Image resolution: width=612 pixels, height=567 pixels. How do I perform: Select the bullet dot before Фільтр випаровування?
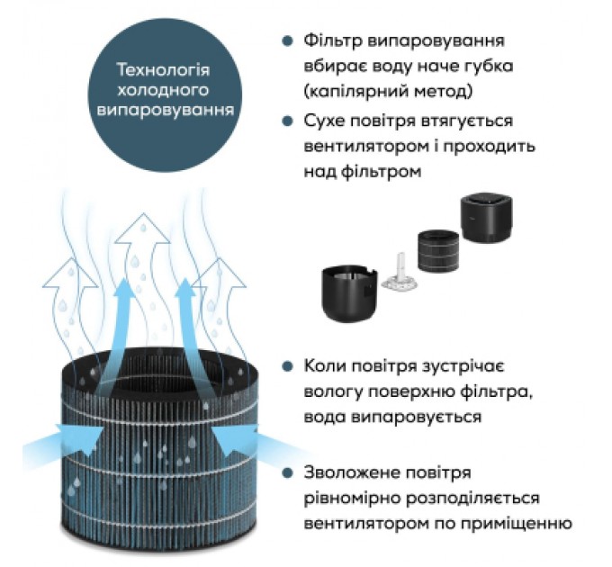pos(286,42)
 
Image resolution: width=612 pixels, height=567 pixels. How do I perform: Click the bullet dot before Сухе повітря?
pos(286,121)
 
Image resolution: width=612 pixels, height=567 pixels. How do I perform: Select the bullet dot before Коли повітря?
pos(286,367)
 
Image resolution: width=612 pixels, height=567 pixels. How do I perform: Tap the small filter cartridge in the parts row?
pos(438,247)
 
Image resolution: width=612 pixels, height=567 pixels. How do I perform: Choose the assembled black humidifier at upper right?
pos(487,221)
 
